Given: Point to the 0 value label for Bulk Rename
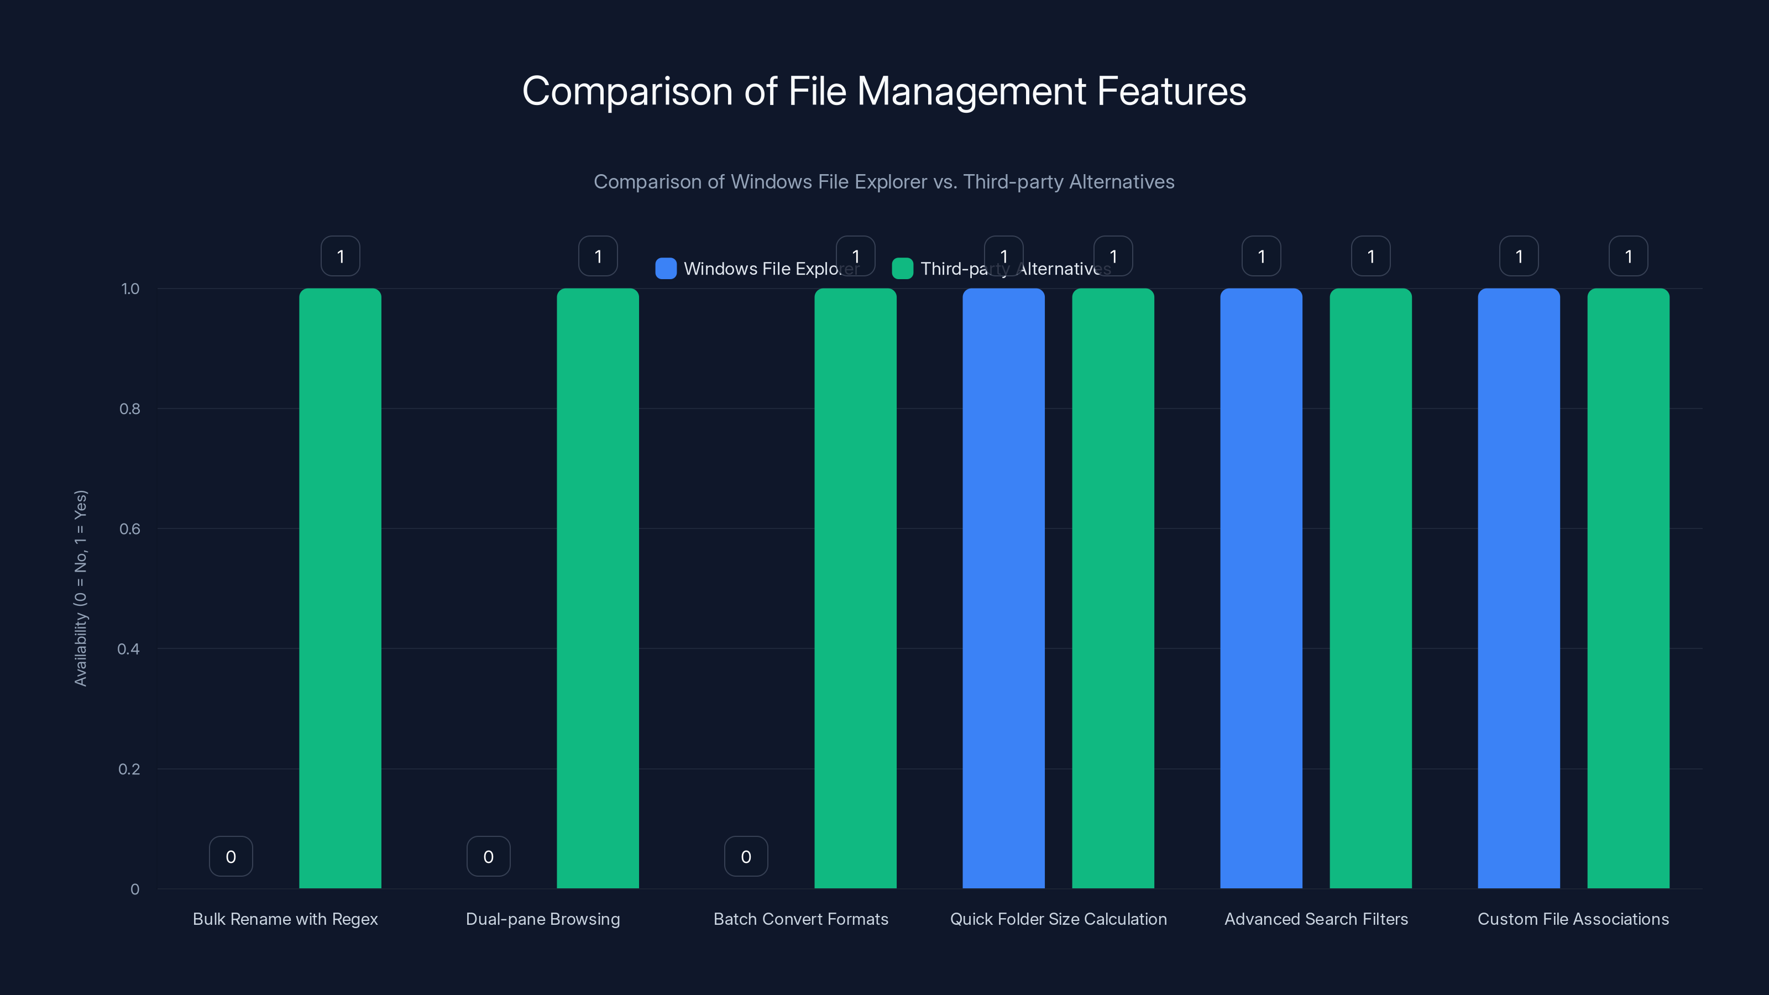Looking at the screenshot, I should (231, 856).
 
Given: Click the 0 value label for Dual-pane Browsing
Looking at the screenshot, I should (488, 856).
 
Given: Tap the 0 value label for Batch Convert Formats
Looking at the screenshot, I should (746, 856).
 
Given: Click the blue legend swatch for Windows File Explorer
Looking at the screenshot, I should (666, 269).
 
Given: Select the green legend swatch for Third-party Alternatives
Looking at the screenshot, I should (902, 269).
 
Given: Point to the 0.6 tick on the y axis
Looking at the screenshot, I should (130, 529).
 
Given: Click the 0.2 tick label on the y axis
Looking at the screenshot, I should (129, 769).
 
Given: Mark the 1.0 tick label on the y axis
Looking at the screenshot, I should (130, 289).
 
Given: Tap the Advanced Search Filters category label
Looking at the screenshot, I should (1316, 919).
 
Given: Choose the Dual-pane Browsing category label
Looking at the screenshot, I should (542, 919).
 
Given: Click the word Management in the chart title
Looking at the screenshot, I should (972, 91).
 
